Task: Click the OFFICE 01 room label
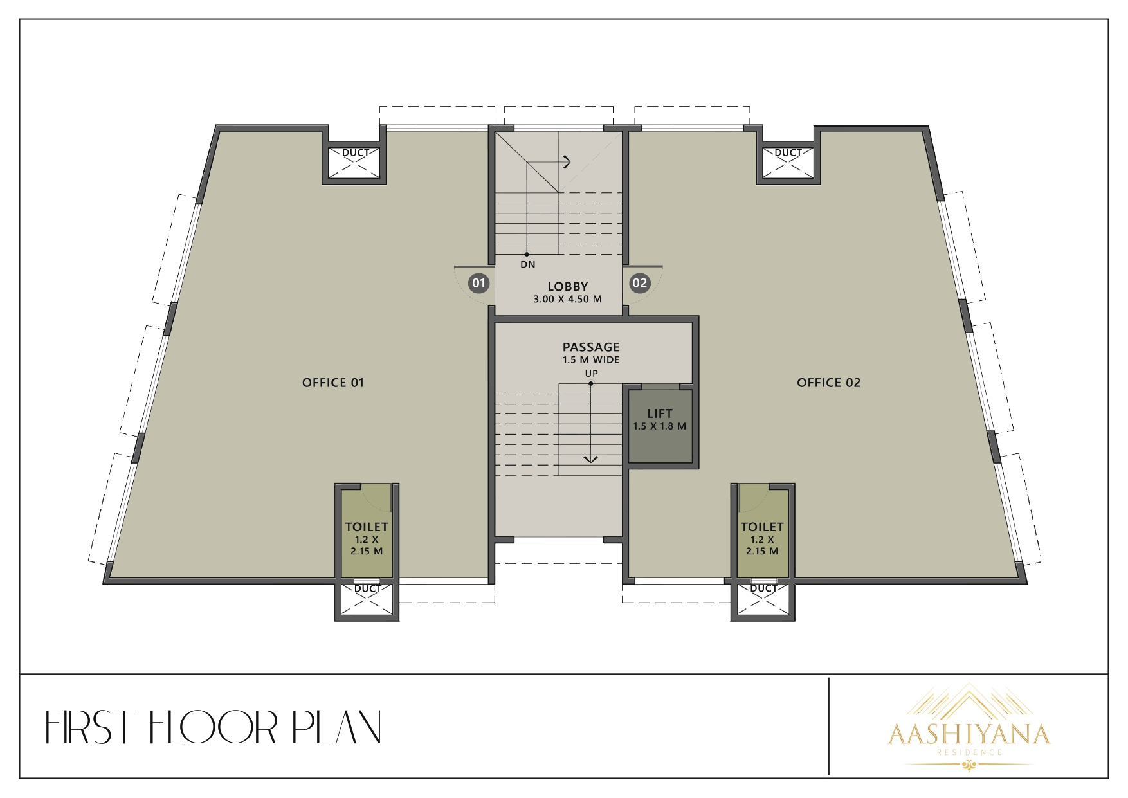click(x=333, y=383)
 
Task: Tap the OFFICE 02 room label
click(x=828, y=383)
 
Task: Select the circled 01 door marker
click(x=478, y=283)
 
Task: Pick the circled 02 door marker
click(x=640, y=283)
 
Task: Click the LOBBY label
click(x=568, y=286)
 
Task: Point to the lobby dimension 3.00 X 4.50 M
click(x=568, y=299)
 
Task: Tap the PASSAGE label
click(x=591, y=347)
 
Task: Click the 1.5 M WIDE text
click(x=591, y=360)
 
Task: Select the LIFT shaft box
click(x=660, y=426)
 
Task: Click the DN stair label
click(x=527, y=264)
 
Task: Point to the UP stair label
click(x=591, y=374)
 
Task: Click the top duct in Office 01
click(x=356, y=162)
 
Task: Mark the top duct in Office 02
click(x=788, y=162)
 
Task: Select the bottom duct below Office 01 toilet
click(x=367, y=600)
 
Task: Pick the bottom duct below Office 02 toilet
click(x=763, y=600)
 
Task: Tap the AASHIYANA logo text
click(x=969, y=734)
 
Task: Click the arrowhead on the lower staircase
click(x=590, y=458)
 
